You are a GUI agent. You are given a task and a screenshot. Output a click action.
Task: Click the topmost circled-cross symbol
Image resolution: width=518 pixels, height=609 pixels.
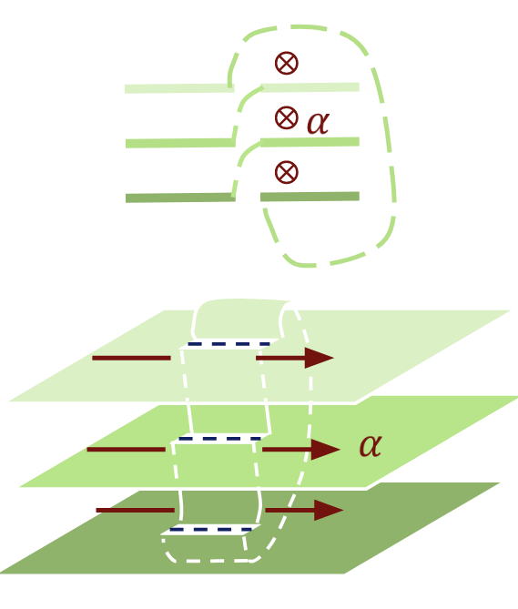pyautogui.click(x=286, y=62)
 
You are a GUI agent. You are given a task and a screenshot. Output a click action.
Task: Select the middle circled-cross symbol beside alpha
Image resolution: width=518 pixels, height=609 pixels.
pyautogui.click(x=286, y=117)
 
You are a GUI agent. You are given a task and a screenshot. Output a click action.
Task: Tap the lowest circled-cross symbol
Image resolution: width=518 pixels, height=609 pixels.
pyautogui.click(x=286, y=171)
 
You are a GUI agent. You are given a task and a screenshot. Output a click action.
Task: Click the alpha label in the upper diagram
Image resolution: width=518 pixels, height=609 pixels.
pyautogui.click(x=318, y=122)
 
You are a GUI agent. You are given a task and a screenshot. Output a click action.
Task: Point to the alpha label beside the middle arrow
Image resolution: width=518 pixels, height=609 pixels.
pyautogui.click(x=370, y=445)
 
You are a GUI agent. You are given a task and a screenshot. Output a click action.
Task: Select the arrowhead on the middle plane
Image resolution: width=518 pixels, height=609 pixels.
pyautogui.click(x=324, y=449)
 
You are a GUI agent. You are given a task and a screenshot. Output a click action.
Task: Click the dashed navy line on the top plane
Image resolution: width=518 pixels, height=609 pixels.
pyautogui.click(x=229, y=343)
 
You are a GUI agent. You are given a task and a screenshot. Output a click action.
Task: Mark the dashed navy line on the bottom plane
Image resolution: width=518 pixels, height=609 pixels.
pyautogui.click(x=209, y=529)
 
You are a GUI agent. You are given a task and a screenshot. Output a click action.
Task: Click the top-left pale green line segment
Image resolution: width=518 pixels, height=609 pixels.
pyautogui.click(x=178, y=88)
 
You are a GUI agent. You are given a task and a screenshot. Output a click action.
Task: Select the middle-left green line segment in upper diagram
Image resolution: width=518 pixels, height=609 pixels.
pyautogui.click(x=179, y=143)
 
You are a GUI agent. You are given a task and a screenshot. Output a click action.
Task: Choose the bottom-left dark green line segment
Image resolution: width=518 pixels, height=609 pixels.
pyautogui.click(x=179, y=198)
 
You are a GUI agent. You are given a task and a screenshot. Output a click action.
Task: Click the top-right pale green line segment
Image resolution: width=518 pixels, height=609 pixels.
pyautogui.click(x=310, y=87)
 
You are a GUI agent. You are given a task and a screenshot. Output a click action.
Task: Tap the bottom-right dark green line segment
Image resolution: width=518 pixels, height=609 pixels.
pyautogui.click(x=310, y=196)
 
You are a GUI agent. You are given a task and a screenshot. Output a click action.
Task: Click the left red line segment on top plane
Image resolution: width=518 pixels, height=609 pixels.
pyautogui.click(x=131, y=358)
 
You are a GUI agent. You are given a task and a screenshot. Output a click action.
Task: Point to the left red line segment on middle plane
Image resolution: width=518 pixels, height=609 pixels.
pyautogui.click(x=126, y=449)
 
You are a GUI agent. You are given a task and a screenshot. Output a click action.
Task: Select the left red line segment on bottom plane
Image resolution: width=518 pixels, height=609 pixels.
pyautogui.click(x=134, y=510)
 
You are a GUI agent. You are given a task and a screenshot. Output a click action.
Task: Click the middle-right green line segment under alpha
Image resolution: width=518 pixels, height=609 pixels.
pyautogui.click(x=310, y=141)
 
